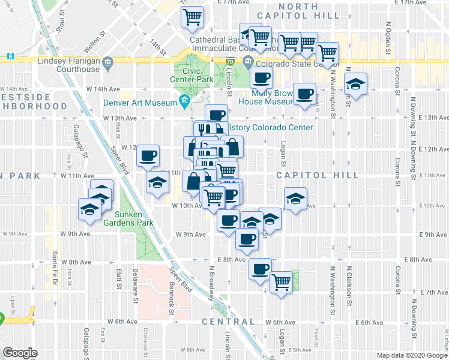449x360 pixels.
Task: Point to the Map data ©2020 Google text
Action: click(x=411, y=355)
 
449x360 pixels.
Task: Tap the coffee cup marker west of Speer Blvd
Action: click(x=147, y=157)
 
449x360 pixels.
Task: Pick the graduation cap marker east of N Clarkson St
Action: click(x=356, y=85)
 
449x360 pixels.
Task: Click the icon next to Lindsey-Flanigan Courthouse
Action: click(x=107, y=61)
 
